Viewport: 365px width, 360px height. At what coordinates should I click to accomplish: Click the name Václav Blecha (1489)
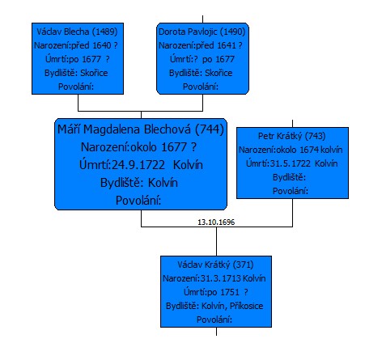click(77, 32)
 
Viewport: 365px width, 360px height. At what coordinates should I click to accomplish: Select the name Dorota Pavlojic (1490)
click(202, 32)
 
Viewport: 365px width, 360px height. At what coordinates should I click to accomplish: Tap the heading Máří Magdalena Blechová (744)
click(141, 129)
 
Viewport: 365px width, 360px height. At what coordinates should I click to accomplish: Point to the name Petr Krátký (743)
click(292, 136)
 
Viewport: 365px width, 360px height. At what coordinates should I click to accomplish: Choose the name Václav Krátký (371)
click(215, 265)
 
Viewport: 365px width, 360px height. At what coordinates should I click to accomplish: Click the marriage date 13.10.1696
click(216, 222)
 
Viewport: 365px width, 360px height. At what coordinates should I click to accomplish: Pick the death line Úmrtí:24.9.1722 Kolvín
click(141, 165)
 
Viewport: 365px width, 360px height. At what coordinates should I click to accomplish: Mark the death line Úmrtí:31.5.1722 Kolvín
click(292, 163)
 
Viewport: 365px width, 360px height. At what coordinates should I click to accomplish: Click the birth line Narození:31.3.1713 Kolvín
click(214, 278)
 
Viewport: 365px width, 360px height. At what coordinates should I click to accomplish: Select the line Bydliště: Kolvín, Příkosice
click(214, 306)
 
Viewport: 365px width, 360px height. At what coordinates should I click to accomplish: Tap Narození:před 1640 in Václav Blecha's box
click(73, 45)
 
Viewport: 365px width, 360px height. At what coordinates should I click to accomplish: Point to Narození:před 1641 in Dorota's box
click(197, 45)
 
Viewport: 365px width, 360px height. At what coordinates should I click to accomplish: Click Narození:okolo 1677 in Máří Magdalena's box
click(134, 147)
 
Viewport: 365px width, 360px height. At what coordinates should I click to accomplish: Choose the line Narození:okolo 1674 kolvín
click(291, 150)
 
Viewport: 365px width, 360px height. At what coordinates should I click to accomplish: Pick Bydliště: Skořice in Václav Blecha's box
click(76, 73)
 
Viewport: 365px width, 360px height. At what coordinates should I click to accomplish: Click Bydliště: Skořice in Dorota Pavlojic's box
click(201, 73)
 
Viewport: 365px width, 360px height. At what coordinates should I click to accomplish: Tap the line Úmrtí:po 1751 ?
click(216, 292)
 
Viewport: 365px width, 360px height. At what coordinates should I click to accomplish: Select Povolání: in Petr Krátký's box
click(291, 191)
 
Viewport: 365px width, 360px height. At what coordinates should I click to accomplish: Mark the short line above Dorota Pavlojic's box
click(202, 19)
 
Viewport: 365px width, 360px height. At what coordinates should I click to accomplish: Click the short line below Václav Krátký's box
click(216, 332)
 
